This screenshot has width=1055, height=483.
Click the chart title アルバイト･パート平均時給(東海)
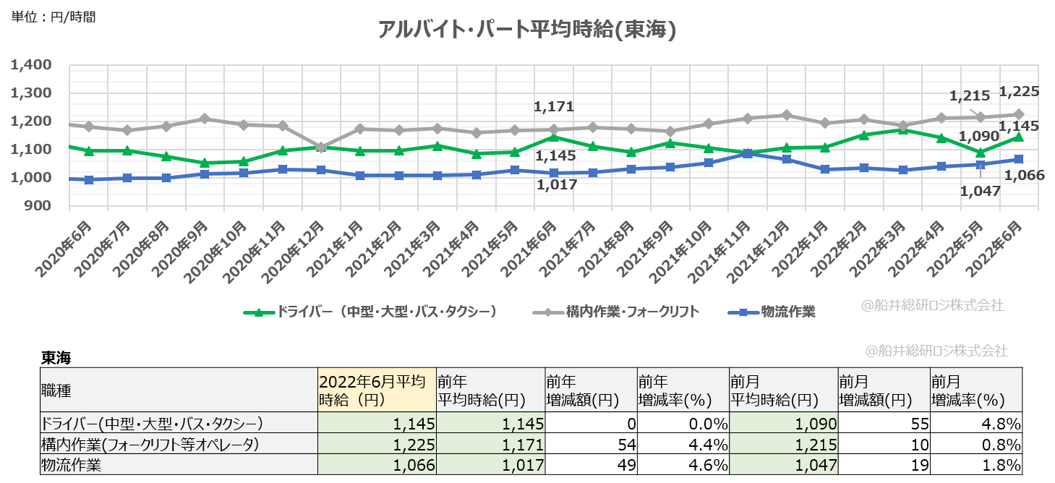[527, 30]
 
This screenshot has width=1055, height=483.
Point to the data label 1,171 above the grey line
[553, 107]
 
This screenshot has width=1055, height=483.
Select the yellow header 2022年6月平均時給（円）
[376, 390]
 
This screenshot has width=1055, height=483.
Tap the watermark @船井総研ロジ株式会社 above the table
[938, 351]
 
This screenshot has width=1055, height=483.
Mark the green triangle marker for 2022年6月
[1018, 137]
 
